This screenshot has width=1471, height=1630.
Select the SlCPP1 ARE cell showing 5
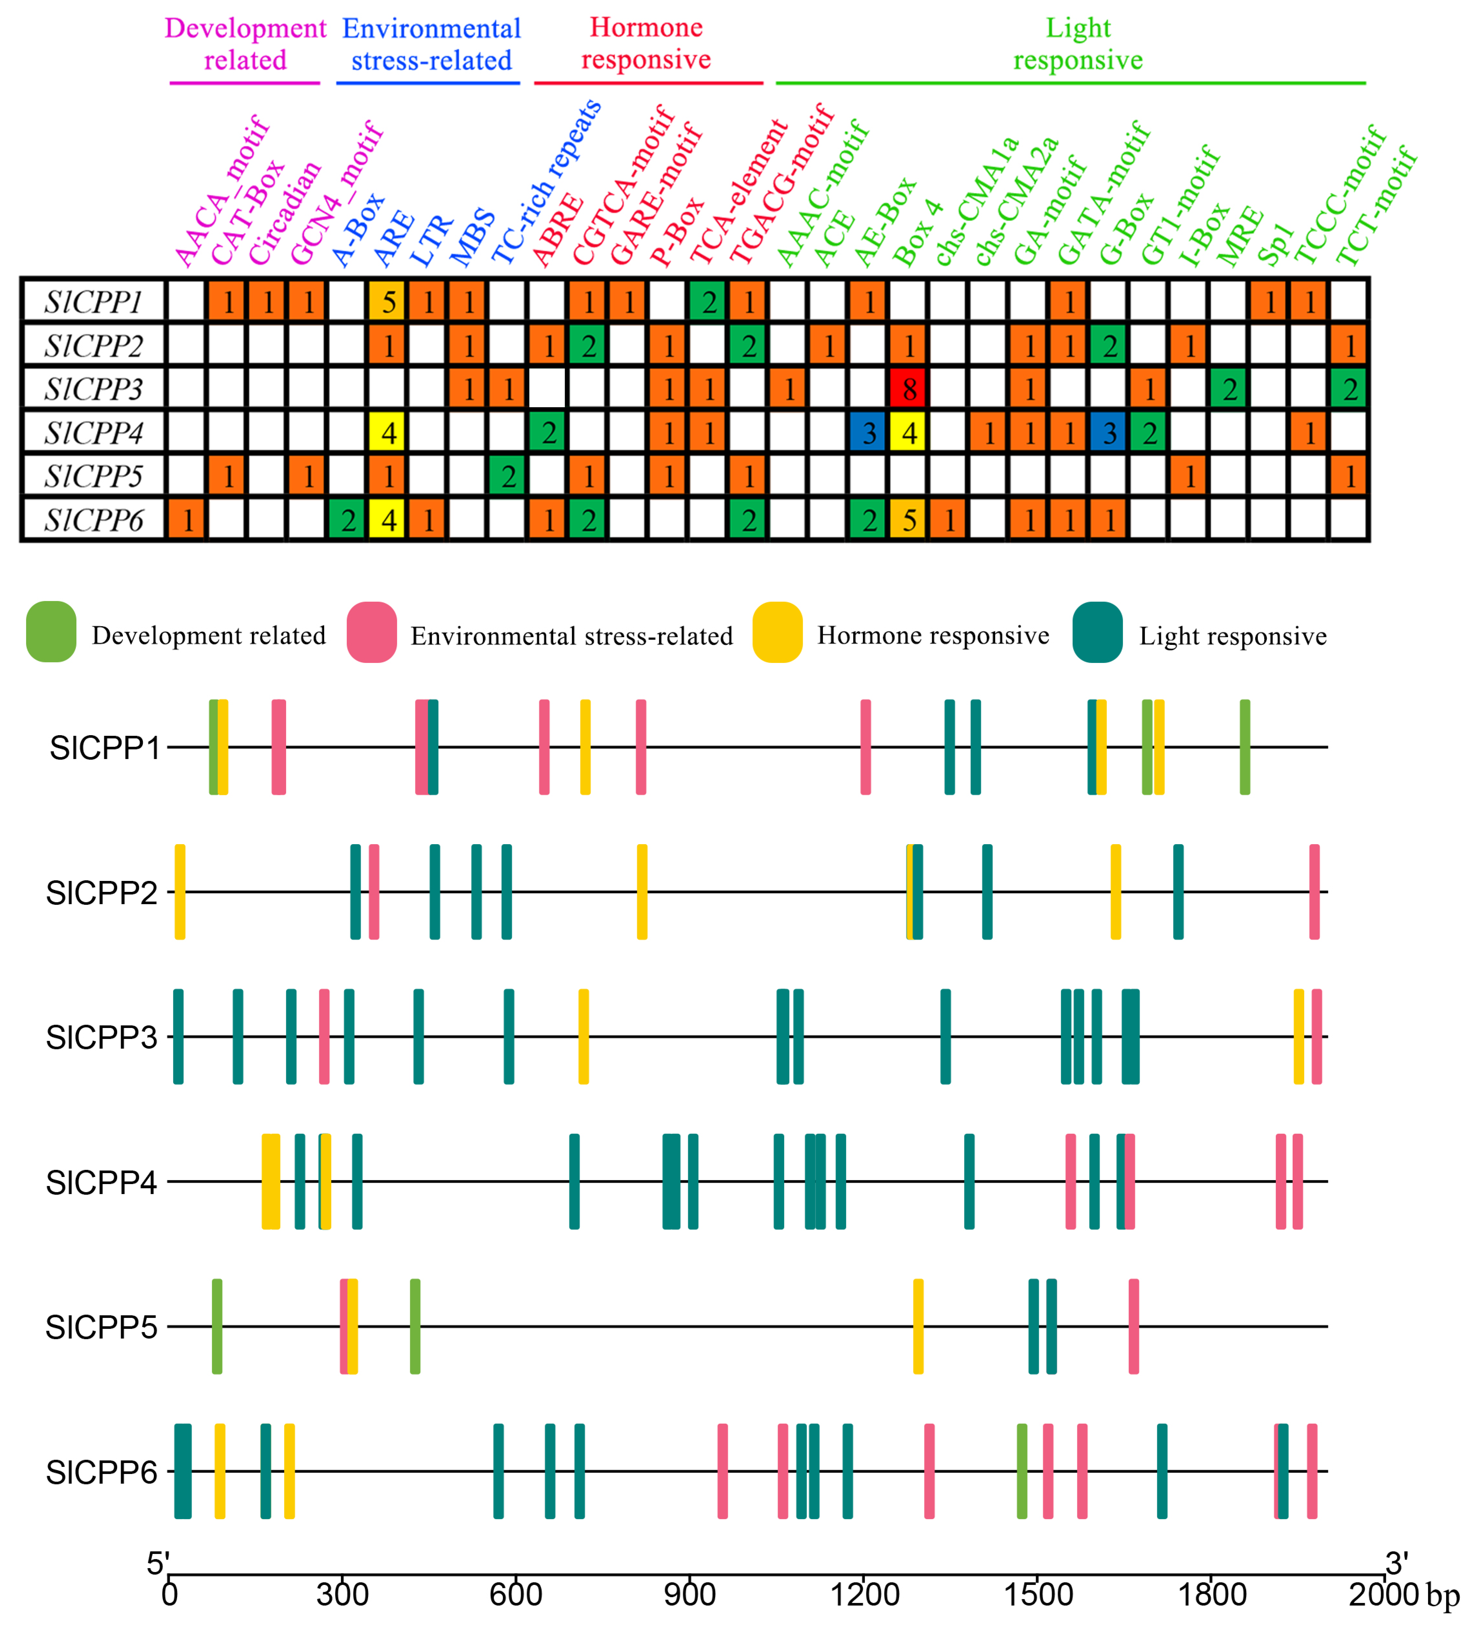(389, 301)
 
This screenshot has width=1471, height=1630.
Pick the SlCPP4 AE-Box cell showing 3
(869, 432)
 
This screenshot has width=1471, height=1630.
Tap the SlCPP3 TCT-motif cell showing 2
(1349, 389)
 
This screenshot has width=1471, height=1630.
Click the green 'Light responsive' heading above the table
(1078, 44)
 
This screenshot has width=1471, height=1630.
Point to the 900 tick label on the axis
(690, 1595)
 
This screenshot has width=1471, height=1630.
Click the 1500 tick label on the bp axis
(1038, 1595)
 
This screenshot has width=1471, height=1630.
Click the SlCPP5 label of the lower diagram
(101, 1327)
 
